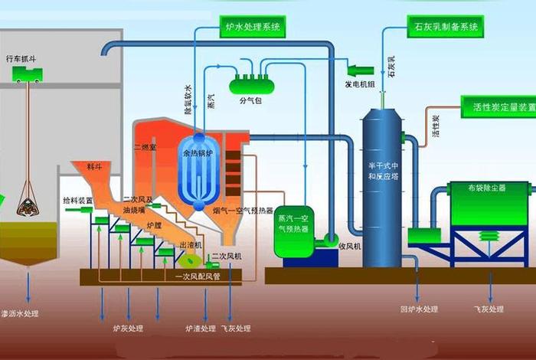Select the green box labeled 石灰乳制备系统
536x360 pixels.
tap(444, 28)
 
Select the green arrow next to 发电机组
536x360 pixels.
tap(360, 70)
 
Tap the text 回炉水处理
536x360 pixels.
tap(419, 309)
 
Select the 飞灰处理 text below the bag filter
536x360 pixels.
tap(487, 309)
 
